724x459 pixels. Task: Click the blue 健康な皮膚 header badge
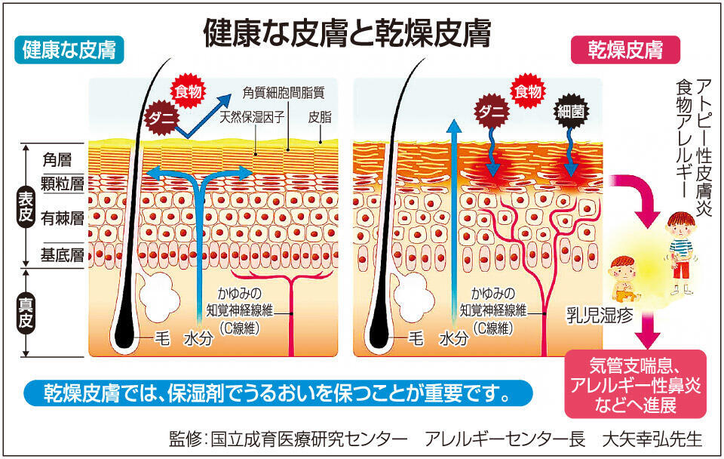[69, 50]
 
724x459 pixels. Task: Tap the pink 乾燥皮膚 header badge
[625, 50]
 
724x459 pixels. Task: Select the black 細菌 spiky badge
[571, 112]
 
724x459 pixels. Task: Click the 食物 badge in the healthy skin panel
[189, 91]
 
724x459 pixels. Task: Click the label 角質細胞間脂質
[284, 93]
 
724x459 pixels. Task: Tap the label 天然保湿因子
[252, 117]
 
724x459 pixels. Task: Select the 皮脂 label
[320, 117]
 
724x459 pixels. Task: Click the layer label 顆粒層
[63, 183]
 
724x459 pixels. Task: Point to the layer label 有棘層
[63, 218]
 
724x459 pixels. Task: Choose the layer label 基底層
[63, 254]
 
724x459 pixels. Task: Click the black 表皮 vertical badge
[26, 207]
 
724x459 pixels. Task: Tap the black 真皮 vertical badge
[26, 314]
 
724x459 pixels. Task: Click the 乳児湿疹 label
[600, 316]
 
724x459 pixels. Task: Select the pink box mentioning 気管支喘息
[635, 384]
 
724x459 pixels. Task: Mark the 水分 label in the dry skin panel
[454, 339]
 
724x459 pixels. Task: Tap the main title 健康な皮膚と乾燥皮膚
[347, 32]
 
